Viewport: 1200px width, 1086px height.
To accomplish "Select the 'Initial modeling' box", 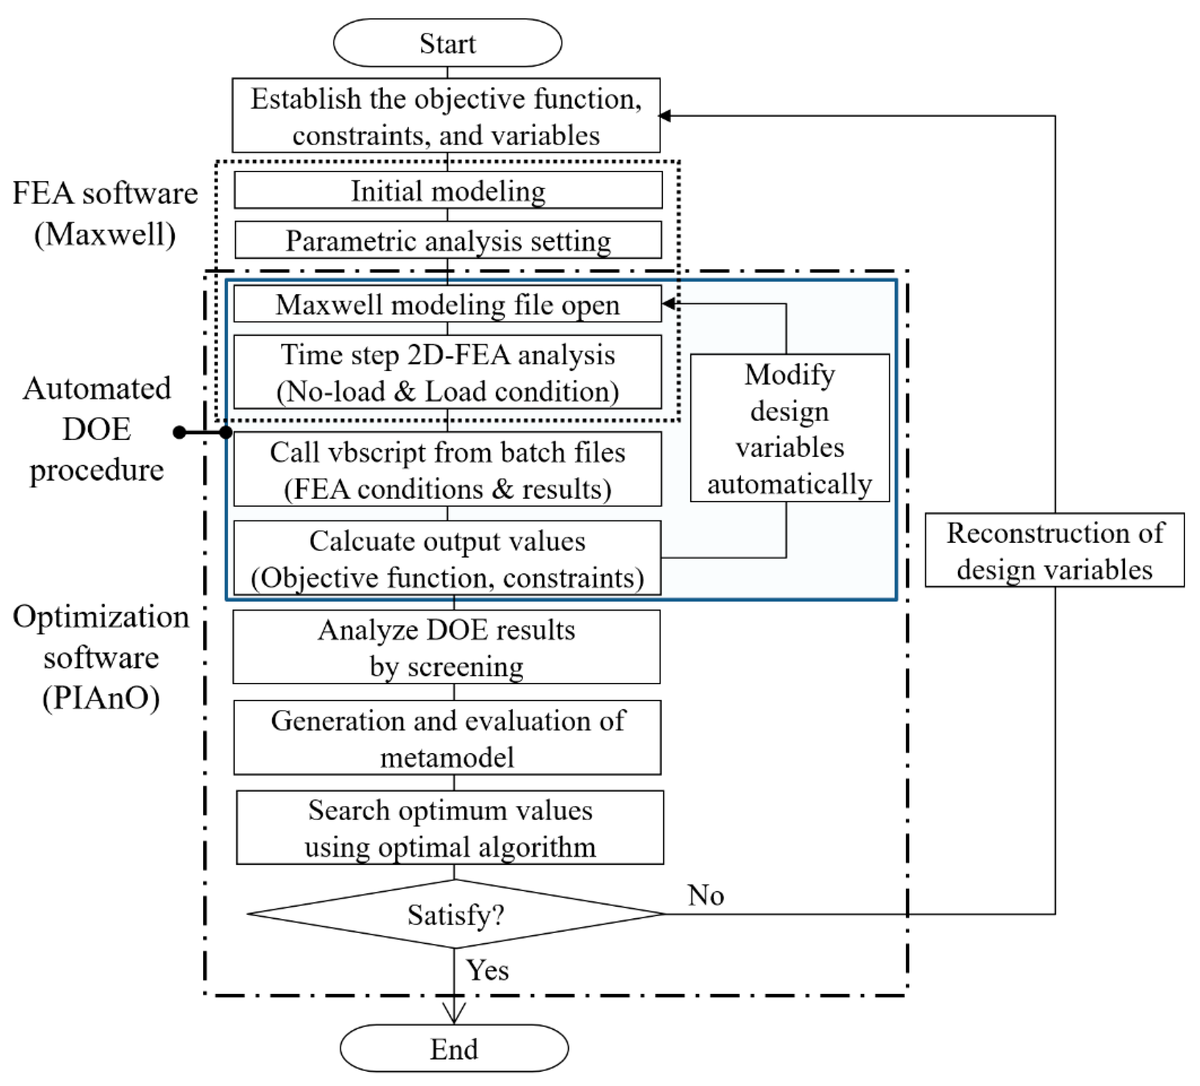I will pos(448,190).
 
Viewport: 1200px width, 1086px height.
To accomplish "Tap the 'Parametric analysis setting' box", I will pos(448,241).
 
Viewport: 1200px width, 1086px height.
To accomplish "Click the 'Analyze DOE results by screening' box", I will pos(447,647).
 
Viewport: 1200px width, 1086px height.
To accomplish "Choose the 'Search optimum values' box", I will pos(449,828).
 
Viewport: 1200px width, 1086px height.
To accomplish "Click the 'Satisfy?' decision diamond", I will pos(455,914).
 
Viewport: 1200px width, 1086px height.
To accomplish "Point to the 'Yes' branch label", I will pos(487,970).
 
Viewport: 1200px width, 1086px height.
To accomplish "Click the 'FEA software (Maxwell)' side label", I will pos(105,213).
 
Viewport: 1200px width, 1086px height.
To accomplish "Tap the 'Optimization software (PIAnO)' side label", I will pos(101,657).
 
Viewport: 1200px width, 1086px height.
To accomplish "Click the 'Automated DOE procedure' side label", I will pos(97,429).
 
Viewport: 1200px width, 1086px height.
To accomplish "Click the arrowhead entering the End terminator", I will pos(454,1012).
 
